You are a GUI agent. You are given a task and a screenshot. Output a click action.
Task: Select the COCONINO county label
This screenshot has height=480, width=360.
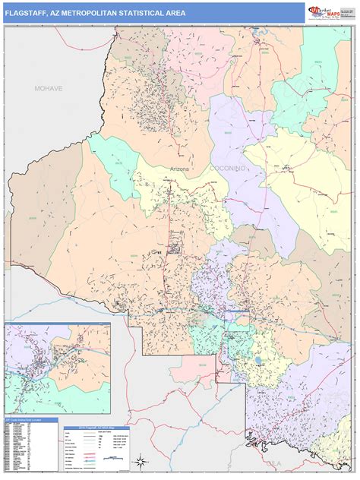pyautogui.click(x=227, y=168)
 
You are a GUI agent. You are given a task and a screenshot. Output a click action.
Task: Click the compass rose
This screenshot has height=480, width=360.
pyautogui.click(x=140, y=459)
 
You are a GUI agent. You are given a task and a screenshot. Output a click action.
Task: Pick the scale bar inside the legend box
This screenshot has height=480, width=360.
pyautogui.click(x=115, y=459)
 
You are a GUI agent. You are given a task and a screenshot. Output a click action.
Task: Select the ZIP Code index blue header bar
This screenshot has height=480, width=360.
pyautogui.click(x=30, y=419)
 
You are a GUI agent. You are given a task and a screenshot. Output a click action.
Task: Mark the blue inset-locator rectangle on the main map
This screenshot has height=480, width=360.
pyautogui.click(x=235, y=311)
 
